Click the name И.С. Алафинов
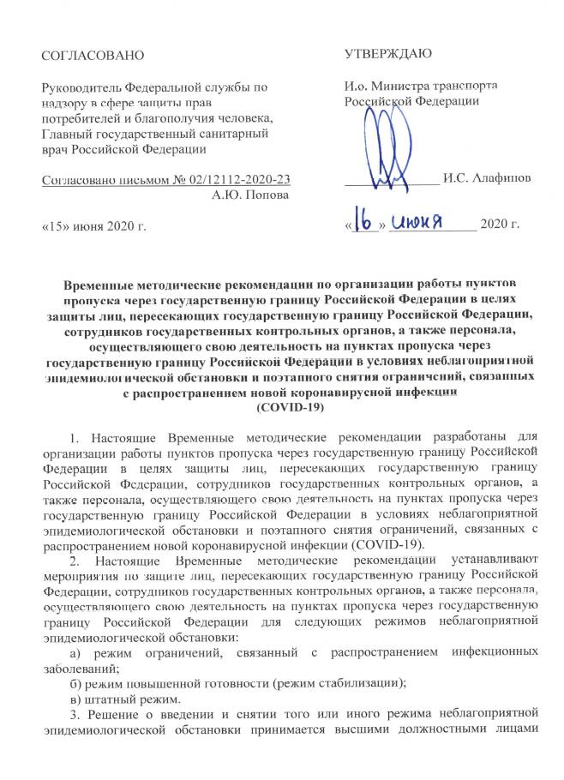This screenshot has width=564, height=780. [486, 181]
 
